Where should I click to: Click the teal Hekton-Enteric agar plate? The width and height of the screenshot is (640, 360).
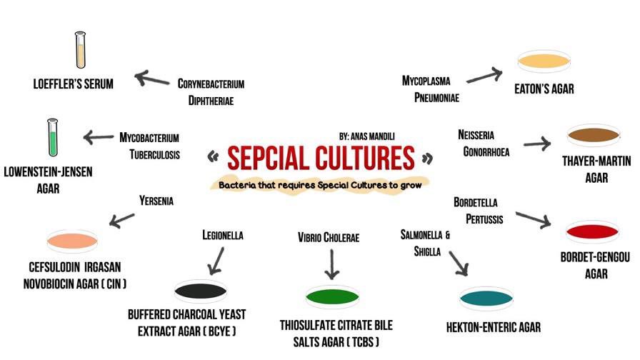click(x=487, y=298)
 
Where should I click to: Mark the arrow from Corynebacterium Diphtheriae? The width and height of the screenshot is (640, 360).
click(x=151, y=78)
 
